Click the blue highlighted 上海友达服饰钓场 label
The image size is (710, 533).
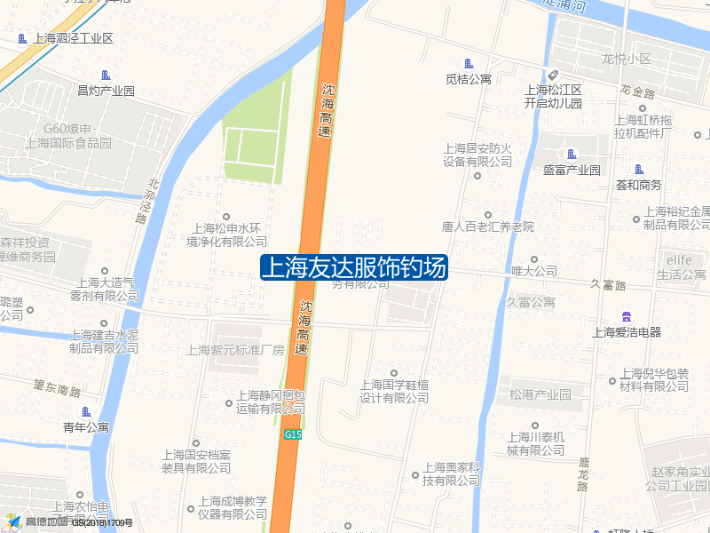[x=354, y=267]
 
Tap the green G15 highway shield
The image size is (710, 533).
[x=294, y=434]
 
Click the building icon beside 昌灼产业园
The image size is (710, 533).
[x=106, y=75]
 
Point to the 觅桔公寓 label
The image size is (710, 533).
[x=469, y=79]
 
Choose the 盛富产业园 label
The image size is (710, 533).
[x=572, y=170]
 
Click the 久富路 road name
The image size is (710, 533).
[x=608, y=285]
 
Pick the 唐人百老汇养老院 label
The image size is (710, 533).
[x=487, y=227]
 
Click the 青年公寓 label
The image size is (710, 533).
[x=86, y=427]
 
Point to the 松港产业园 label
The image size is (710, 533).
[x=540, y=394]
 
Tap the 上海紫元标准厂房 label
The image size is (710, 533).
[x=235, y=350]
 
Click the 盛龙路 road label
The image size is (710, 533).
[x=583, y=473]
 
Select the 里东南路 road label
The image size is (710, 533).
[x=57, y=388]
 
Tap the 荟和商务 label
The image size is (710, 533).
[x=639, y=185]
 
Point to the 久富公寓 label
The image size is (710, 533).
[x=531, y=302]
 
